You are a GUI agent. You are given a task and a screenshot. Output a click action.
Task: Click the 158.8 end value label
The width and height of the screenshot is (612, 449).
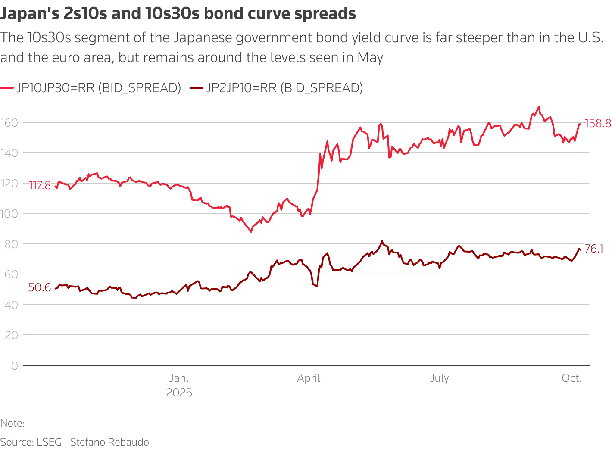click(x=597, y=124)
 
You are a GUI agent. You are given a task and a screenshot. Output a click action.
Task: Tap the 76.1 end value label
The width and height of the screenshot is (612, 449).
click(x=594, y=249)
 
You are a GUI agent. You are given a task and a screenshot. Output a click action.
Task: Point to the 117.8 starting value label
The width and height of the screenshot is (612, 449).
click(x=40, y=185)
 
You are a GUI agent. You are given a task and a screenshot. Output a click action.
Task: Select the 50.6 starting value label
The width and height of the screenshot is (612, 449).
click(x=40, y=287)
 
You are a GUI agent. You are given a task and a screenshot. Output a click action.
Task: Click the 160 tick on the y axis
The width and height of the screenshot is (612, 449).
click(x=9, y=123)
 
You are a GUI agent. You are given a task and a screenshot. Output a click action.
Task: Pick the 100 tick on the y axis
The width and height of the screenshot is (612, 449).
click(x=9, y=214)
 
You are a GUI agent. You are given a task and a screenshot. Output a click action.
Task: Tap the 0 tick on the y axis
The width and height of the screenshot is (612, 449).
click(x=15, y=366)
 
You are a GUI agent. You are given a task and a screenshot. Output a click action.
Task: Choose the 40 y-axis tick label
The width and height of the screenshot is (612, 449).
click(x=12, y=305)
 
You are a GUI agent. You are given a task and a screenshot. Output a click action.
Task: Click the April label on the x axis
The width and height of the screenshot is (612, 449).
click(x=309, y=378)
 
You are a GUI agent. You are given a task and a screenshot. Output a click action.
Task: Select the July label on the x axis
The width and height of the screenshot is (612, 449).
click(x=439, y=378)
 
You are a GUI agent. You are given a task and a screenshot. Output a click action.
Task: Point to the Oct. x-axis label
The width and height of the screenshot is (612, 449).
click(x=571, y=378)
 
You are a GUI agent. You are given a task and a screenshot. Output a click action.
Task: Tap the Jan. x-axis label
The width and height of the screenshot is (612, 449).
click(x=179, y=378)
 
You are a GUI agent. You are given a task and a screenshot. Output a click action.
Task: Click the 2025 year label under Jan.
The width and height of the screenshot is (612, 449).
click(x=179, y=393)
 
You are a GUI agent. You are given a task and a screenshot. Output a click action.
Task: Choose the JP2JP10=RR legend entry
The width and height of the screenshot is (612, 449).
click(x=284, y=88)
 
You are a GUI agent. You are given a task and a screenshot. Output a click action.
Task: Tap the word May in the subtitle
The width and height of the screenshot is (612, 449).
click(x=370, y=57)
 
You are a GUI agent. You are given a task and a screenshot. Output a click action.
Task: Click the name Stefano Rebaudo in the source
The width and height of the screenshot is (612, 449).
click(x=109, y=442)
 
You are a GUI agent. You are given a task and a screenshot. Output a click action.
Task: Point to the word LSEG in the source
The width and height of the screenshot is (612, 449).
click(x=49, y=442)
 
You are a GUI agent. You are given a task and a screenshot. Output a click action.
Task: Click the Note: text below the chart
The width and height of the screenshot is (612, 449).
click(x=12, y=423)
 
